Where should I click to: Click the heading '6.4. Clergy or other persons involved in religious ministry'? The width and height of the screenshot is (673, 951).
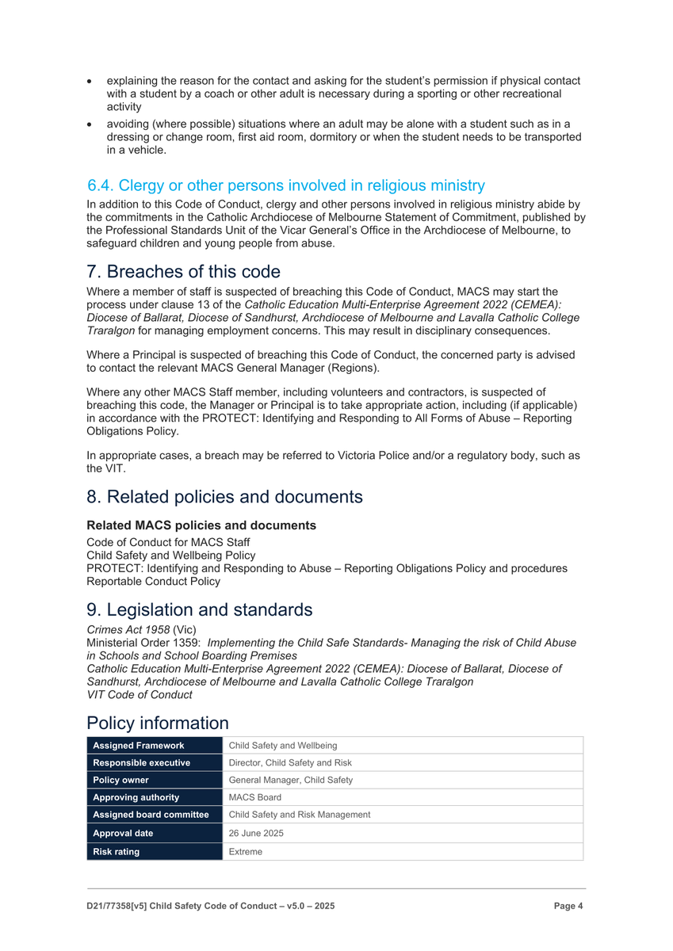(x=285, y=185)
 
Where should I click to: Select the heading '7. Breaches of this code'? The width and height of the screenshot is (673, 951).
(x=183, y=272)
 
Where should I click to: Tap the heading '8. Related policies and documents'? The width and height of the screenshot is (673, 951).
(x=224, y=497)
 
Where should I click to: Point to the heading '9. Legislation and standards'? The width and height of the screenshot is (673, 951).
(x=199, y=609)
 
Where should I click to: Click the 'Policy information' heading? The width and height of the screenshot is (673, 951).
(x=157, y=723)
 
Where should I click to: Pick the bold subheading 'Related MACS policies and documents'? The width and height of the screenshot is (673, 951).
(x=201, y=525)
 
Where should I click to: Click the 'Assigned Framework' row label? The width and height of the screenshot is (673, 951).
(x=139, y=746)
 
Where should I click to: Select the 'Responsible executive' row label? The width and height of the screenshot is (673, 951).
(x=142, y=763)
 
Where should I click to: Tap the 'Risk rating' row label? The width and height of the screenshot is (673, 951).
(x=117, y=852)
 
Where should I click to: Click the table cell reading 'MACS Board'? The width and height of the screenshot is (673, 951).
(x=254, y=798)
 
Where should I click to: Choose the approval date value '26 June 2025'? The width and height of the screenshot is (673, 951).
(x=256, y=834)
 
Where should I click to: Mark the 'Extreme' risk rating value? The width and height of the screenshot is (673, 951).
(x=245, y=852)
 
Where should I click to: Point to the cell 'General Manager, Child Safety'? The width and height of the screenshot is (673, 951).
(x=290, y=781)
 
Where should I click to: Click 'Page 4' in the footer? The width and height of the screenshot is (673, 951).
(x=568, y=906)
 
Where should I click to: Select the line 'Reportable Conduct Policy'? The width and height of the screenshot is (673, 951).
(x=153, y=581)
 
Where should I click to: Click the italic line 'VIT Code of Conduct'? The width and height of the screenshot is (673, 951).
(x=139, y=694)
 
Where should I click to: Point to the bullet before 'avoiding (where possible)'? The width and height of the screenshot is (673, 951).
(x=91, y=124)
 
